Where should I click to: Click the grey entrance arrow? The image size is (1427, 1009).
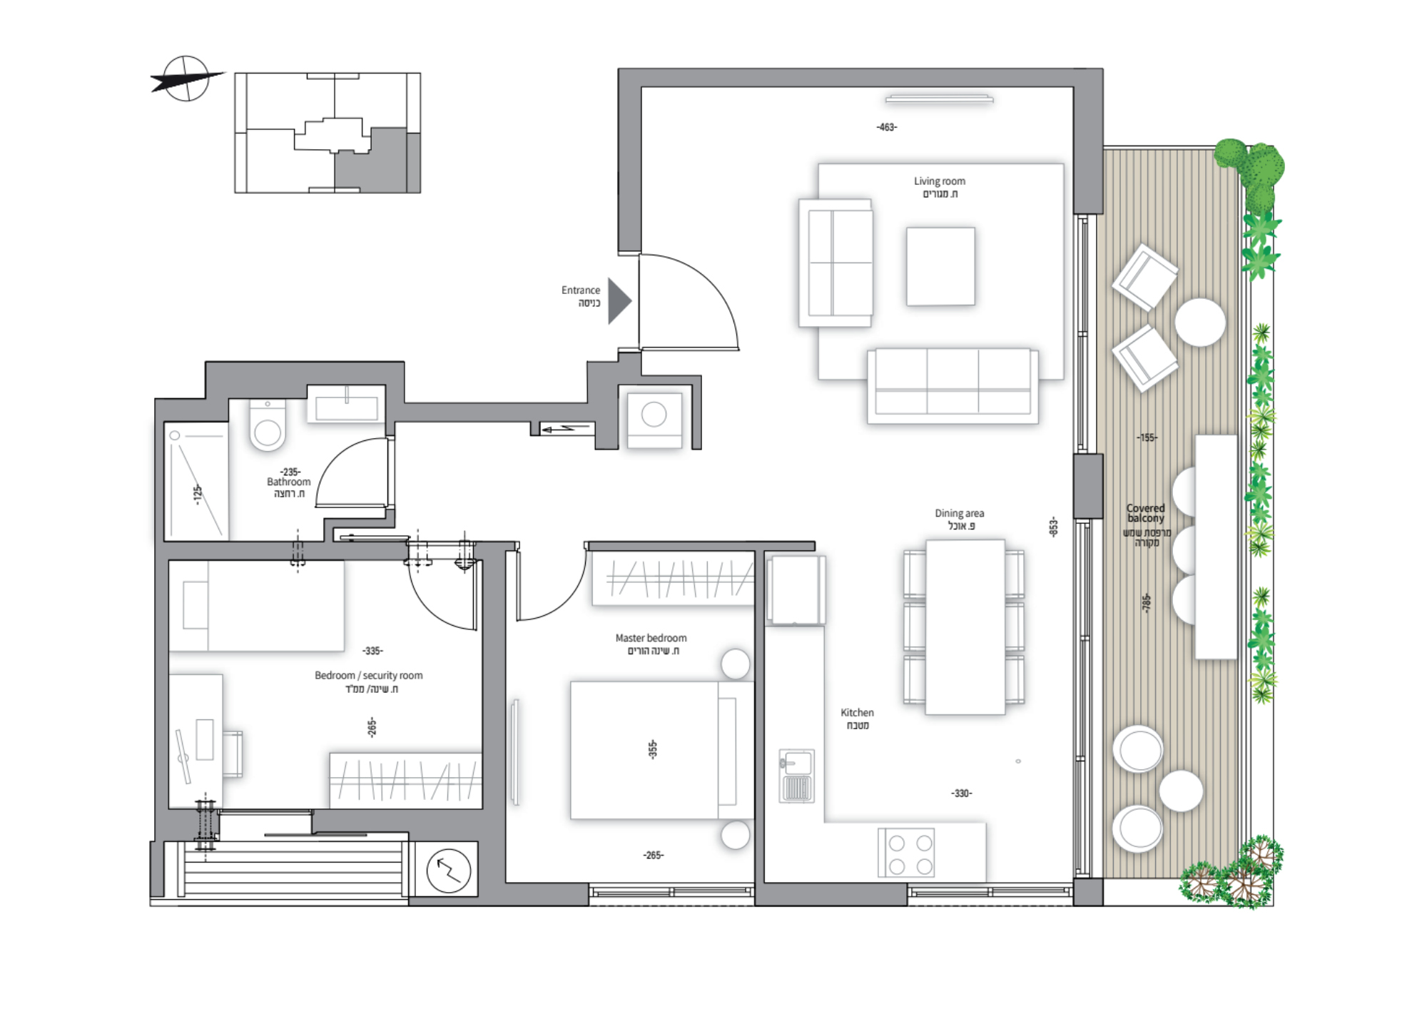point(618,301)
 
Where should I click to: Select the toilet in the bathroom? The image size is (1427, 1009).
point(268,425)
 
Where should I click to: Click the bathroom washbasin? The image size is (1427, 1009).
point(346,405)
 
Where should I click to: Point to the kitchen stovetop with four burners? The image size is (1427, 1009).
point(906,853)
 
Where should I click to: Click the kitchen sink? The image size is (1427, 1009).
point(796,776)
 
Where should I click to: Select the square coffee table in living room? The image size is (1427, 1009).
point(940,266)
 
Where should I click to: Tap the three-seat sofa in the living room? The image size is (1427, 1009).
point(953,385)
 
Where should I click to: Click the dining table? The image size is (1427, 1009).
point(965,627)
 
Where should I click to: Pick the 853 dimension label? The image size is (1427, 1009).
point(1053,527)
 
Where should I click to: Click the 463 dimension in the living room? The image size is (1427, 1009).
point(887,127)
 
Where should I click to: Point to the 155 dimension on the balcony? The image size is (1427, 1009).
point(1147,437)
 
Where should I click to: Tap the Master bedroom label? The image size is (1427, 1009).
point(651,638)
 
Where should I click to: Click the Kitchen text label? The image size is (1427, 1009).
point(857,712)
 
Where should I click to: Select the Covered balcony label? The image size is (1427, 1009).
point(1145,513)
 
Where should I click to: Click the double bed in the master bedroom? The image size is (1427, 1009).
point(662,749)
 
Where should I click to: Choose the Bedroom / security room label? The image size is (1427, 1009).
point(369,675)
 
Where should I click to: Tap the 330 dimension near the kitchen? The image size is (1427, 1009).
point(962,793)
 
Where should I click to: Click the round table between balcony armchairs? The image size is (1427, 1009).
point(1200,323)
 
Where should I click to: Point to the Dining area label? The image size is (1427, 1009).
point(960,513)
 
